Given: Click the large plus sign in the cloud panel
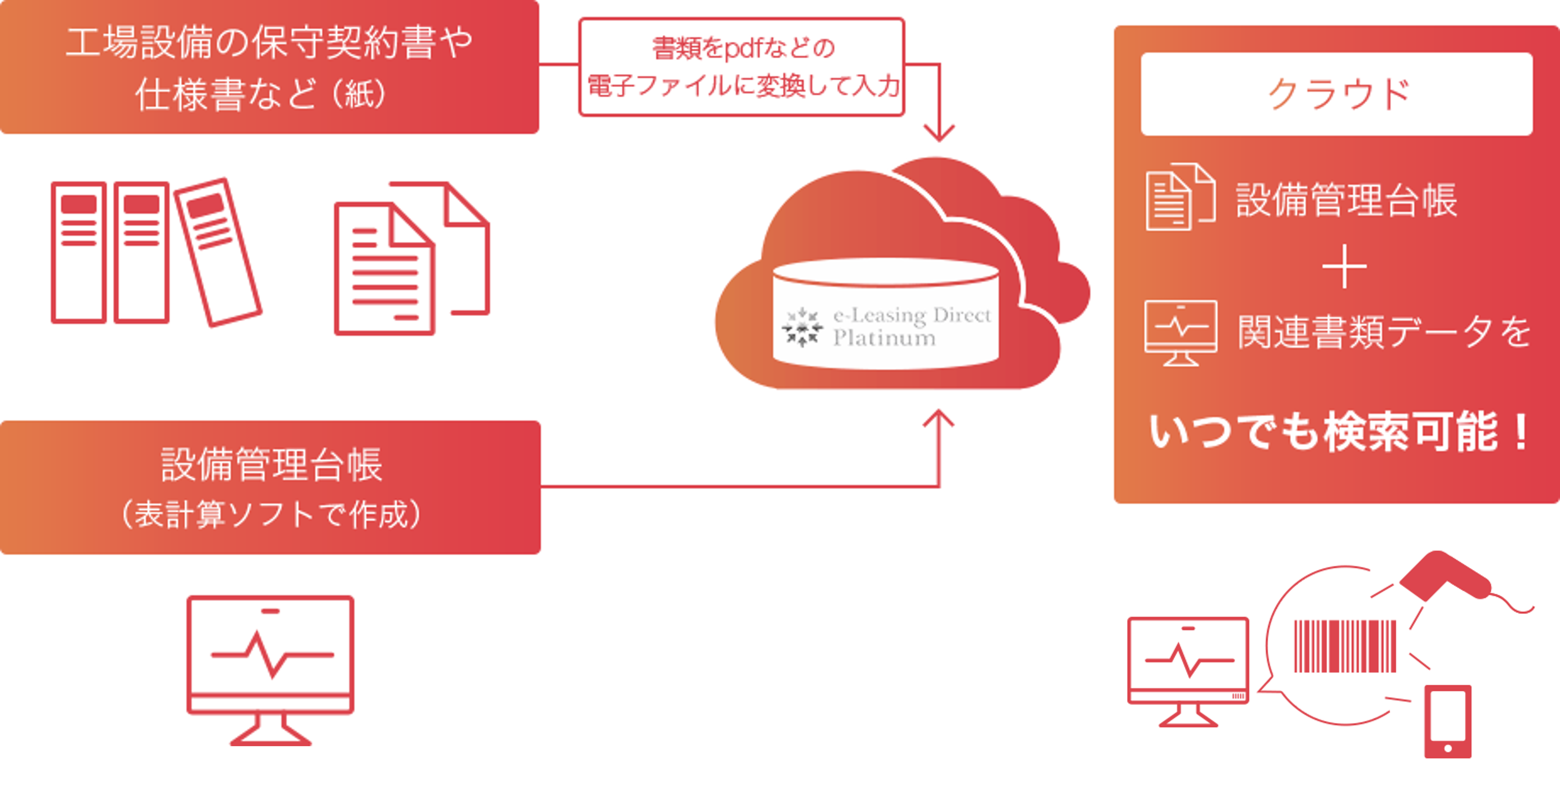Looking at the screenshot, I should [1344, 267].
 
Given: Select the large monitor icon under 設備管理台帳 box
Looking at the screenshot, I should [270, 666].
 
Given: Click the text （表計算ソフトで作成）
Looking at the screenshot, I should [270, 515].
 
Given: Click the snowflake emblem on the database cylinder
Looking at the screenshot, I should [802, 327].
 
